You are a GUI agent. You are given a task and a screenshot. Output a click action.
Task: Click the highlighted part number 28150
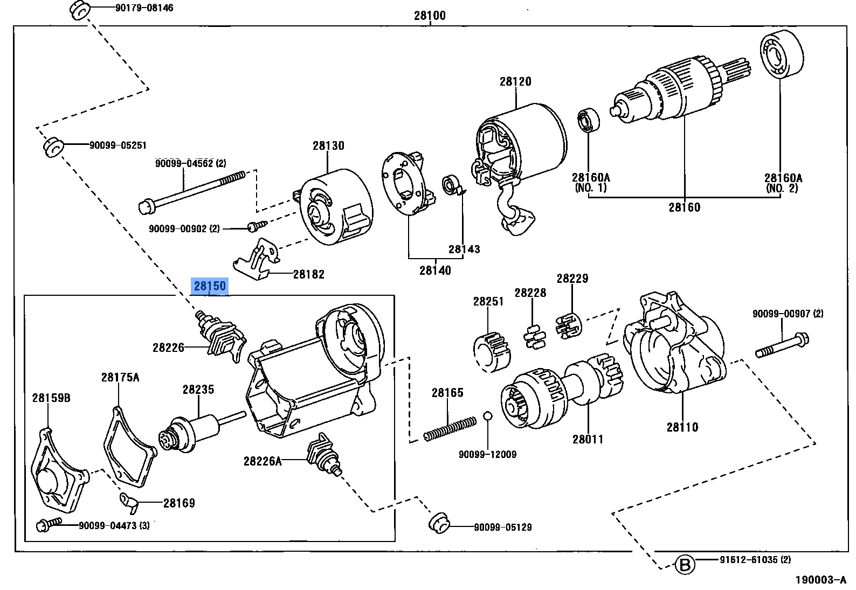pyautogui.click(x=210, y=286)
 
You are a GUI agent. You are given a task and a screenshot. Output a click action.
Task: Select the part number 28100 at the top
pyautogui.click(x=430, y=16)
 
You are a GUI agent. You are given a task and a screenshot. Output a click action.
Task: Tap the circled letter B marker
pyautogui.click(x=684, y=565)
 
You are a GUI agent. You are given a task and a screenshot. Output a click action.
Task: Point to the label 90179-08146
pyautogui.click(x=144, y=8)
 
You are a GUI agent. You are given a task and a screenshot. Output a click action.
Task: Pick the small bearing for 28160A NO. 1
pyautogui.click(x=589, y=121)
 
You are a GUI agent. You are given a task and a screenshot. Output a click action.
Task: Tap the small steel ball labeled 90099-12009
pyautogui.click(x=487, y=415)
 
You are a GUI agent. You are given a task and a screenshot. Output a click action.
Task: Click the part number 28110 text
pyautogui.click(x=682, y=427)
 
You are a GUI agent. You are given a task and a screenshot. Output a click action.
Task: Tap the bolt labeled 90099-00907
pyautogui.click(x=782, y=345)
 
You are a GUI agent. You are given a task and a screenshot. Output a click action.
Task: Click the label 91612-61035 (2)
pyautogui.click(x=755, y=560)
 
